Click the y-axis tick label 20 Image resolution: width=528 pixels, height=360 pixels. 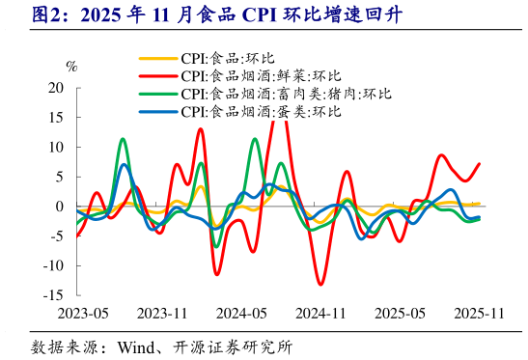coord(55,88)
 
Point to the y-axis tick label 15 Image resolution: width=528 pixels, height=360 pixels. coord(55,117)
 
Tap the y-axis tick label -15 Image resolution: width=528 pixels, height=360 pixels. coord(53,294)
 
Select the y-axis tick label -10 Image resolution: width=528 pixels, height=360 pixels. coord(53,265)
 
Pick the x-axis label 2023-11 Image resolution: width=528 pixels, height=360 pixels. coord(161,314)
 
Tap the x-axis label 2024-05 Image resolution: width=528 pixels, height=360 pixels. coord(241,314)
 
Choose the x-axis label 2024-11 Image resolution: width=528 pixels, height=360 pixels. coord(320,314)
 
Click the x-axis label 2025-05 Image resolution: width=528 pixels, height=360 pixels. coord(401,314)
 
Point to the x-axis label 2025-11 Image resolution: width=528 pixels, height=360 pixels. coord(480,314)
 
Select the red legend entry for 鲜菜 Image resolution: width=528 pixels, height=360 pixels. coord(261,76)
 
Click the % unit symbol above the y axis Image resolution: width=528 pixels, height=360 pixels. coord(71,67)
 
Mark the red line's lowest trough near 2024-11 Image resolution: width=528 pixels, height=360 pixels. coord(320,284)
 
